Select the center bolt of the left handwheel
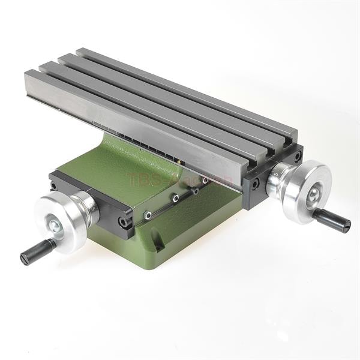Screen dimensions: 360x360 (x=55, y=225)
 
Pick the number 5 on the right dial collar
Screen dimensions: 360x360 (x=275, y=175)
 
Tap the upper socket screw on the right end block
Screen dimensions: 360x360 (x=297, y=157)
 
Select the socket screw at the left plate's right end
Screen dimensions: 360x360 (x=124, y=222)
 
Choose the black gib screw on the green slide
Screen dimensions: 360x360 (x=196, y=191)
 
